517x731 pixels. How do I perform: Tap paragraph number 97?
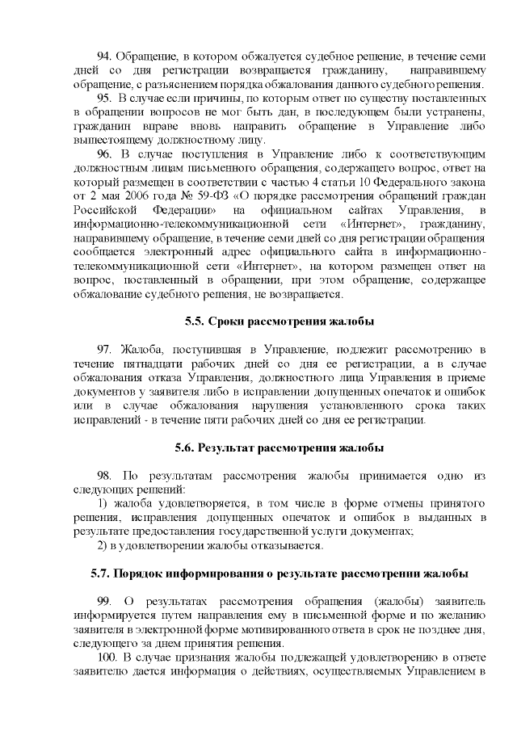[105, 349]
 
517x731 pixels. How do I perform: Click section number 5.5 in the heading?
[194, 321]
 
